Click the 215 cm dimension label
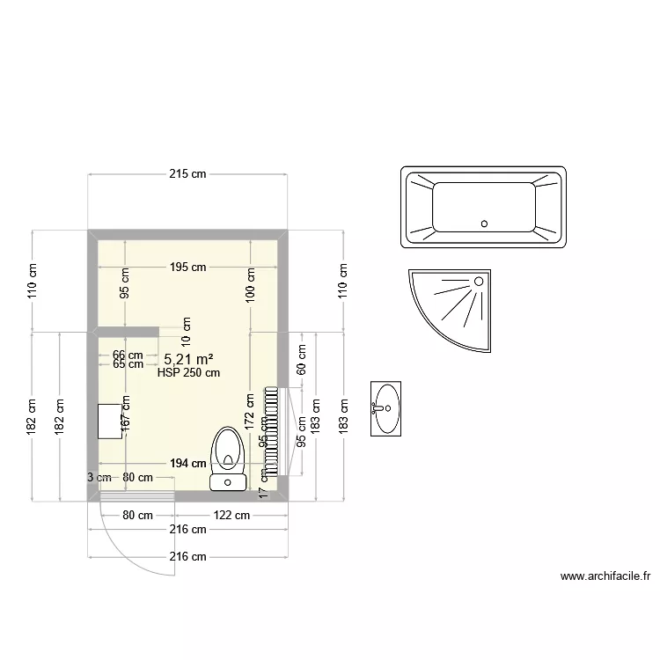[187, 174]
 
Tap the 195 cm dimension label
[187, 267]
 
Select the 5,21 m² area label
[189, 359]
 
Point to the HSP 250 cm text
[188, 372]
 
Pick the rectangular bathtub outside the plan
[482, 207]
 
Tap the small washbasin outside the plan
[386, 408]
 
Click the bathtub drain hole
[484, 224]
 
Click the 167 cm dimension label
[126, 412]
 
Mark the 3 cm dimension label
[99, 477]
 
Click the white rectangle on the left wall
[109, 421]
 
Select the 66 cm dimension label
[128, 355]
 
